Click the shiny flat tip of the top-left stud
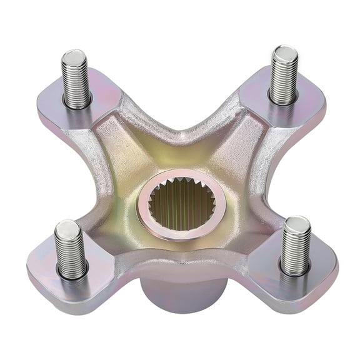(x=73, y=57)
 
